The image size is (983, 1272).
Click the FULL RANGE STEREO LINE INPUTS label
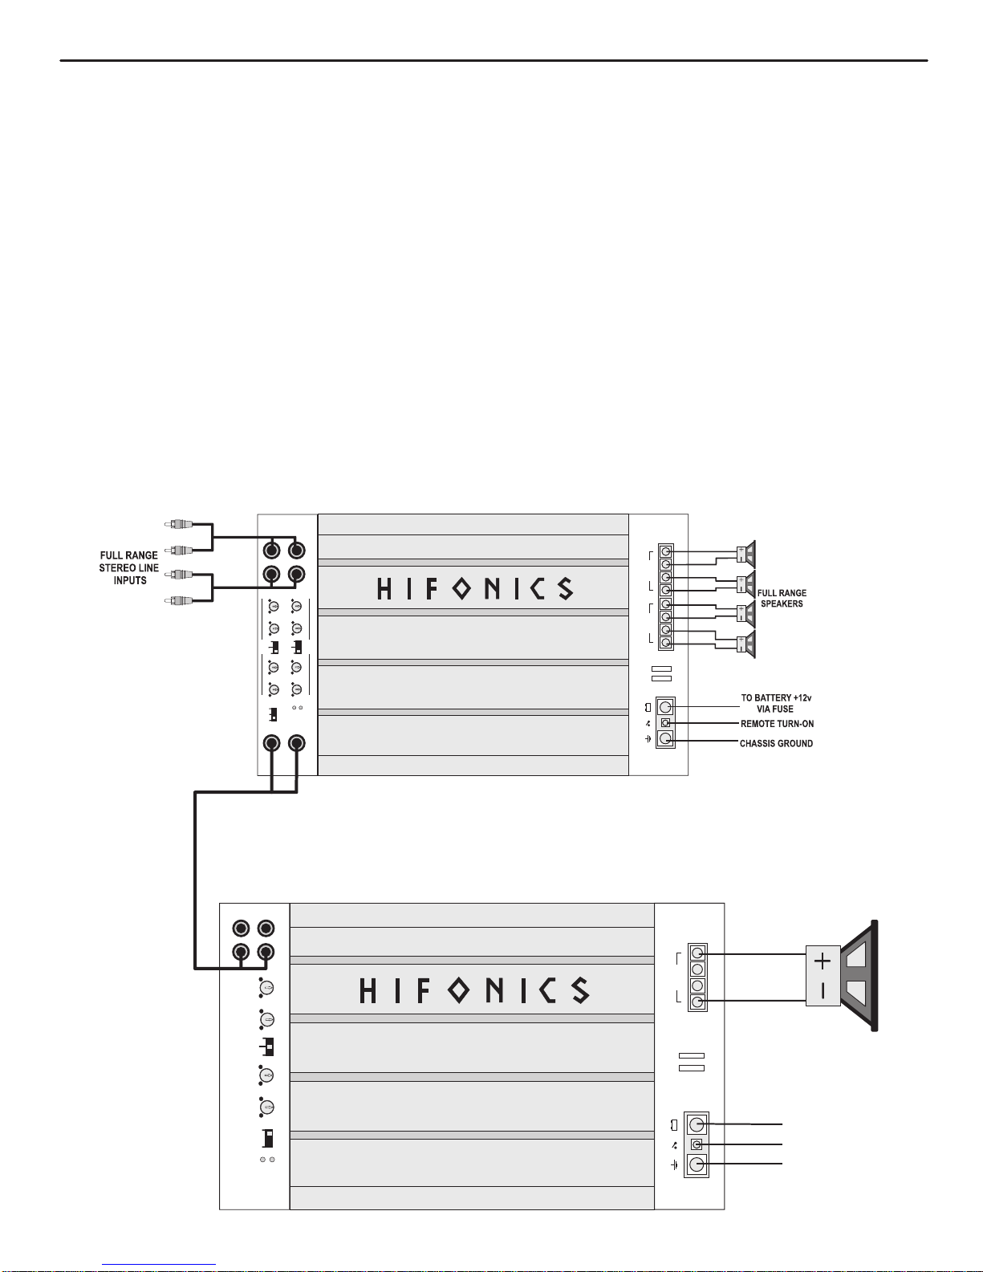point(128,568)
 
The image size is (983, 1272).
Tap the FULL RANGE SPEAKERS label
point(782,598)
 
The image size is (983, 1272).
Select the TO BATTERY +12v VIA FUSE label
point(776,703)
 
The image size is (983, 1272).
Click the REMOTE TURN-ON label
point(777,724)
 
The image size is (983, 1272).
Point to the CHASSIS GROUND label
point(776,743)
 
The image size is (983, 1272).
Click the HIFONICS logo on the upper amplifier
point(475,588)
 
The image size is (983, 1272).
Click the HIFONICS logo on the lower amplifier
point(474,990)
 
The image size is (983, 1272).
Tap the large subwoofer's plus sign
point(822,961)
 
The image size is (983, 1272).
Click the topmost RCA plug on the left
point(178,523)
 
